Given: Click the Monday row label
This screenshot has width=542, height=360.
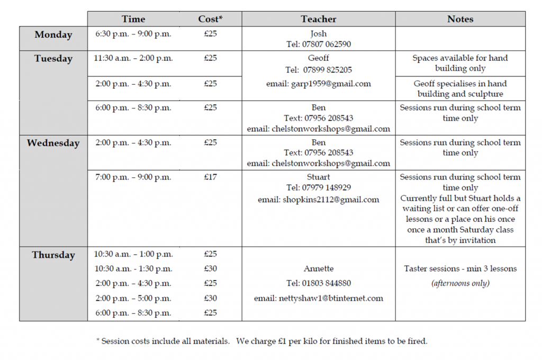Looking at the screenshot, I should (x=53, y=35).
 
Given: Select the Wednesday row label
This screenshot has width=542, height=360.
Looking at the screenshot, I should (x=53, y=143).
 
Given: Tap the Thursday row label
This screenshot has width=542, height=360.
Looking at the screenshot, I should (x=53, y=255).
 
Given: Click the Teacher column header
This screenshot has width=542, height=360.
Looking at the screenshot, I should (x=319, y=19).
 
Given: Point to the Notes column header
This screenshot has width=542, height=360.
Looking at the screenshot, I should (x=460, y=19).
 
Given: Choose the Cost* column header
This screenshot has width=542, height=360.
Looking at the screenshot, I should (x=210, y=19).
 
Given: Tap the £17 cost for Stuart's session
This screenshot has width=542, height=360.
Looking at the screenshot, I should (x=210, y=177).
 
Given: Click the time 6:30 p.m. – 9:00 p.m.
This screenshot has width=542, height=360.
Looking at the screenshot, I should (x=133, y=34).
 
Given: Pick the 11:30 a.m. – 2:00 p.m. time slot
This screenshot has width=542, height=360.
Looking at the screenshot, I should (x=133, y=58).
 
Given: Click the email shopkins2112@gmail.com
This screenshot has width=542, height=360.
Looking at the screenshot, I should (x=319, y=200).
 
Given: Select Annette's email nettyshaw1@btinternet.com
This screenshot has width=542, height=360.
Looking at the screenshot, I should (x=319, y=298).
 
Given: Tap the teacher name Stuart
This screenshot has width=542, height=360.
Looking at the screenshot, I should (x=319, y=177).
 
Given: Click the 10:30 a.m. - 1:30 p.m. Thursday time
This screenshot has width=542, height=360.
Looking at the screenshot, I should (x=133, y=269).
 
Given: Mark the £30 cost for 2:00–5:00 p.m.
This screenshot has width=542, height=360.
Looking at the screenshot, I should (x=210, y=298).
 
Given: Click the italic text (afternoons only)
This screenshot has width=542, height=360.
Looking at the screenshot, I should (x=460, y=283).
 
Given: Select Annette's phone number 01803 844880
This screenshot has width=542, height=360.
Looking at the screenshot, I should (x=319, y=283).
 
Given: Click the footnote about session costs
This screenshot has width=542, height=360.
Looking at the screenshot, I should (x=261, y=341).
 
